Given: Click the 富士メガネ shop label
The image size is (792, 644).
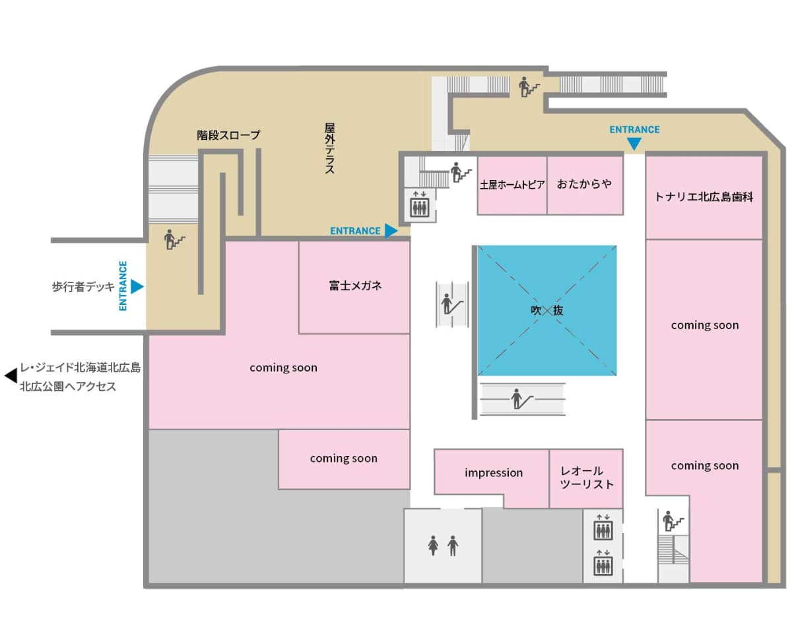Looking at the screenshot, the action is tap(355, 286).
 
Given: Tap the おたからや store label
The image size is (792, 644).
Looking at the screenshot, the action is tap(584, 183).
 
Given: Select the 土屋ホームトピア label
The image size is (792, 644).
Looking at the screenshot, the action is tap(512, 184).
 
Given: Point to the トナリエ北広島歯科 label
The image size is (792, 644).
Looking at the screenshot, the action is tap(704, 197).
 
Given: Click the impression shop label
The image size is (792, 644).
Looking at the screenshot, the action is tap(494, 472).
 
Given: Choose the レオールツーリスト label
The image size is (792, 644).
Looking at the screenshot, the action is tap(586, 478).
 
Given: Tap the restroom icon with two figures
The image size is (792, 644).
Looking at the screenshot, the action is tap(443, 546).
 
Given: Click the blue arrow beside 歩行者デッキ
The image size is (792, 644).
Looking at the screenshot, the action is tap(137, 286).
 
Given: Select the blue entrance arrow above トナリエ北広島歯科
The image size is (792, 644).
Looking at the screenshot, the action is tap(634, 144).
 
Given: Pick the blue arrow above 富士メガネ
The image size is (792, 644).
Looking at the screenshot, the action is tap(391, 230).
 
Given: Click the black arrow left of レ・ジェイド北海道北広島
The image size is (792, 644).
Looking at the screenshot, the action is tap(11, 375).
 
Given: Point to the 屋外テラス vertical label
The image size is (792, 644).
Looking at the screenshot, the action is tap(329, 148).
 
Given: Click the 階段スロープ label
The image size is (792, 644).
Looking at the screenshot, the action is tap(228, 135).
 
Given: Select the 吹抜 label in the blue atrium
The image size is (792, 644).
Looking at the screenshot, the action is tap(546, 310).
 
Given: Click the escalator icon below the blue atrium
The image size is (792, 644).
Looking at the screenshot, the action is tap(521, 399).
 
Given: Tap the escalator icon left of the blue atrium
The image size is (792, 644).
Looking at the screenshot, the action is tap(452, 304).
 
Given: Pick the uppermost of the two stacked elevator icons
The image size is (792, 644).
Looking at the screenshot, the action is tap(603, 527).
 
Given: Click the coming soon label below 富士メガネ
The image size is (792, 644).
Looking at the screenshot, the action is tap(283, 368).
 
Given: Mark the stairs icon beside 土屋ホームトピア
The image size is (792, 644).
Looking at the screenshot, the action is tap(461, 172).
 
